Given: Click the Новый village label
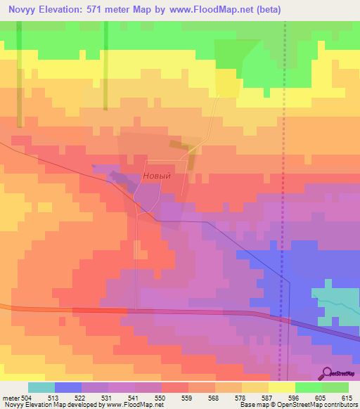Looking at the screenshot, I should (157, 176).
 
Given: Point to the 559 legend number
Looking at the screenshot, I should (187, 398).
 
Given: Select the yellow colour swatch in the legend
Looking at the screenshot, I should (281, 387).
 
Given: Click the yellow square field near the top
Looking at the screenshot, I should (226, 83).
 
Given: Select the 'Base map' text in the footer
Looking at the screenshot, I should (252, 405).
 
